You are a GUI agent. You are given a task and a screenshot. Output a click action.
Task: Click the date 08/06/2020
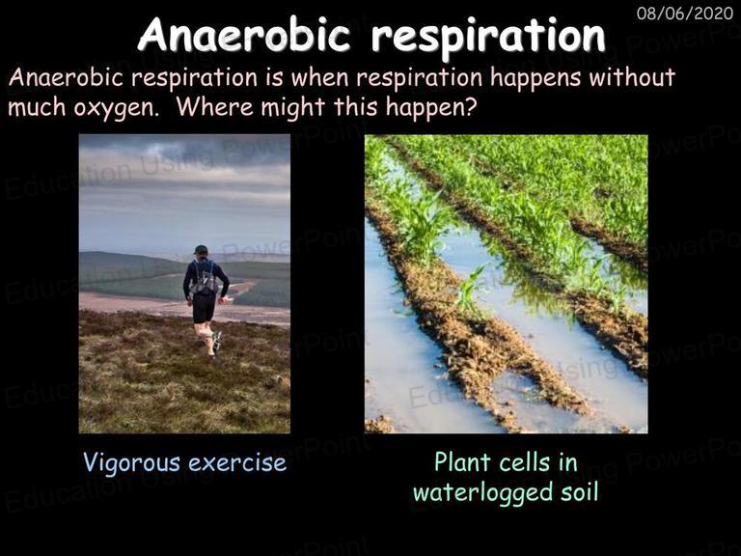pyautogui.click(x=685, y=13)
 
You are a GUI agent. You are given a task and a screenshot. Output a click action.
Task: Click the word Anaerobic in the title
pyautogui.click(x=245, y=34)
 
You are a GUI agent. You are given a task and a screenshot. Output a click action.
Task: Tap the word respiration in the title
pyautogui.click(x=488, y=36)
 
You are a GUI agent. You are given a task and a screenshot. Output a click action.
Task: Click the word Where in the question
pyautogui.click(x=216, y=106)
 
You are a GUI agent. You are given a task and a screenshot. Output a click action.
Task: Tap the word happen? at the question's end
pyautogui.click(x=431, y=108)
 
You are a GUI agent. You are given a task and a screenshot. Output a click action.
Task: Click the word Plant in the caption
pyautogui.click(x=458, y=462)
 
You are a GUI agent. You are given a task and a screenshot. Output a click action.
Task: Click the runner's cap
pyautogui.click(x=201, y=249)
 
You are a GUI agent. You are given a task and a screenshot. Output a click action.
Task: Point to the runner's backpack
pyautogui.click(x=204, y=278)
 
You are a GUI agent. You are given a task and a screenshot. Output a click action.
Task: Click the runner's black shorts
pyautogui.click(x=204, y=307)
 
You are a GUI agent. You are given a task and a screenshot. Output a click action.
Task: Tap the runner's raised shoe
pyautogui.click(x=217, y=341)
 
